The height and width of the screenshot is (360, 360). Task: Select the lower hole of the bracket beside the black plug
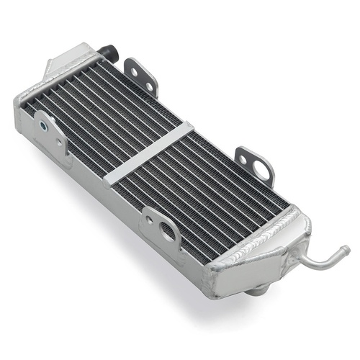point(148,86)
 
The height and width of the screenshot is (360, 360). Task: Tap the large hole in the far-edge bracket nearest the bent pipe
point(260,172)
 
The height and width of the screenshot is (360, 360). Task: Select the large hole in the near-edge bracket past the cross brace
point(167,232)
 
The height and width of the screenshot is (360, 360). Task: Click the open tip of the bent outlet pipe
point(346,251)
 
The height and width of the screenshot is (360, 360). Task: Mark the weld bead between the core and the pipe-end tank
point(252,238)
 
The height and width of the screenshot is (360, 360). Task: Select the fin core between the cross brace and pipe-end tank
point(209,191)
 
